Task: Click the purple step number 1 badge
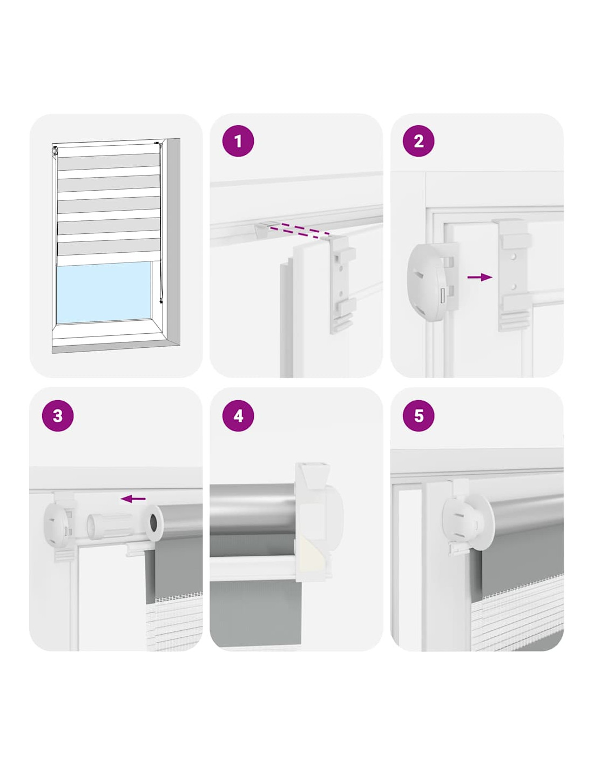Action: pyautogui.click(x=238, y=142)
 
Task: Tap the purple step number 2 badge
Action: pyautogui.click(x=418, y=142)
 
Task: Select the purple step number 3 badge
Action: pyautogui.click(x=58, y=415)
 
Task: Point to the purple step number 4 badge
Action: pyautogui.click(x=238, y=415)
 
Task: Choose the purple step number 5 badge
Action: pyautogui.click(x=418, y=415)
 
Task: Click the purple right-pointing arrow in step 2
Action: pyautogui.click(x=480, y=278)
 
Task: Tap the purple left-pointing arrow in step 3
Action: pyautogui.click(x=133, y=498)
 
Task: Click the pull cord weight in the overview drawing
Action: pyautogui.click(x=161, y=301)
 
